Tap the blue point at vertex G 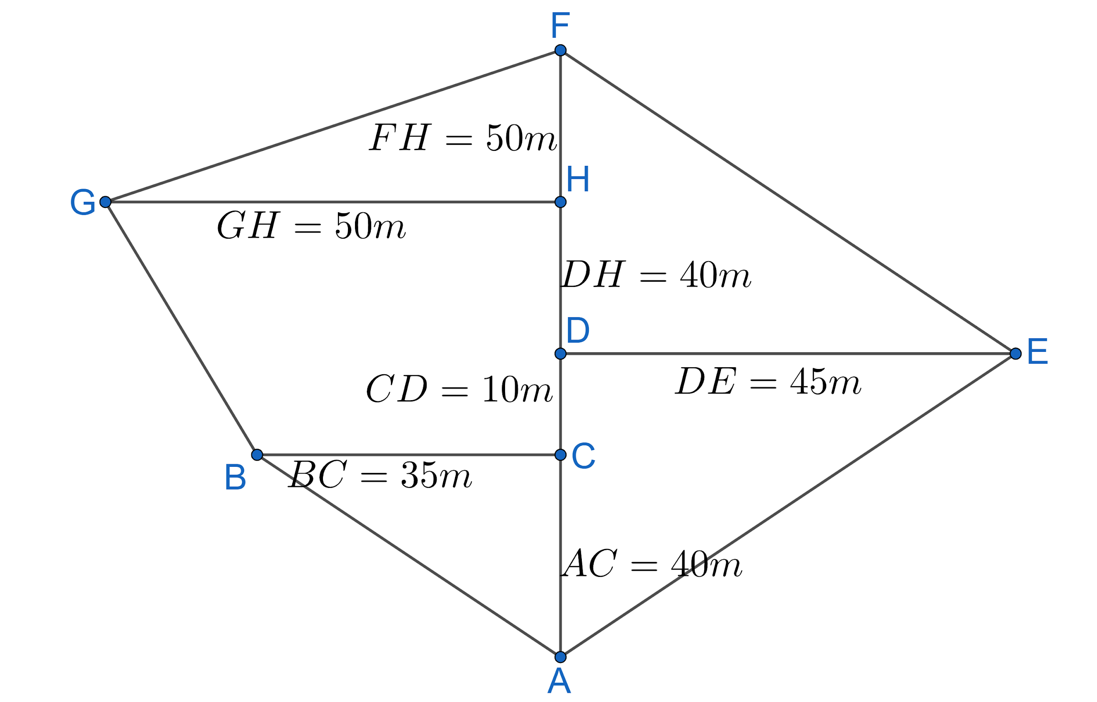pyautogui.click(x=105, y=202)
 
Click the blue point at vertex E pyautogui.click(x=1015, y=354)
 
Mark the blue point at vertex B pyautogui.click(x=257, y=455)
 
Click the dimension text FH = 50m pyautogui.click(x=462, y=138)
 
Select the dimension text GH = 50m pyautogui.click(x=311, y=226)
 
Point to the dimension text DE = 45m pyautogui.click(x=768, y=381)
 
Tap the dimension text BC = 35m pyautogui.click(x=380, y=475)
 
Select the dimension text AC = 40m pyautogui.click(x=652, y=564)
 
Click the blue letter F pyautogui.click(x=560, y=25)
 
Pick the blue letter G pyautogui.click(x=82, y=202)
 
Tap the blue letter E pyautogui.click(x=1038, y=352)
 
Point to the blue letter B pyautogui.click(x=235, y=478)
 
